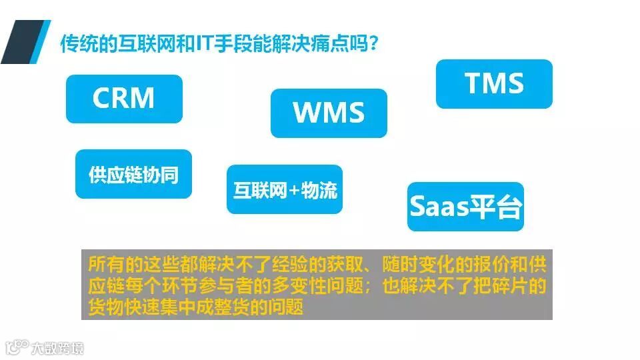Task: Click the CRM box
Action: coord(124,99)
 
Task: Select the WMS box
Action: coord(329,113)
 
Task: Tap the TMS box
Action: coord(494,83)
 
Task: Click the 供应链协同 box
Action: coord(133,174)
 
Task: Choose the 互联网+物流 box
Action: coord(285,190)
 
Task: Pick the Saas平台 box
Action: coord(465,207)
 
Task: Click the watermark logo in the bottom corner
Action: coord(44,347)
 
